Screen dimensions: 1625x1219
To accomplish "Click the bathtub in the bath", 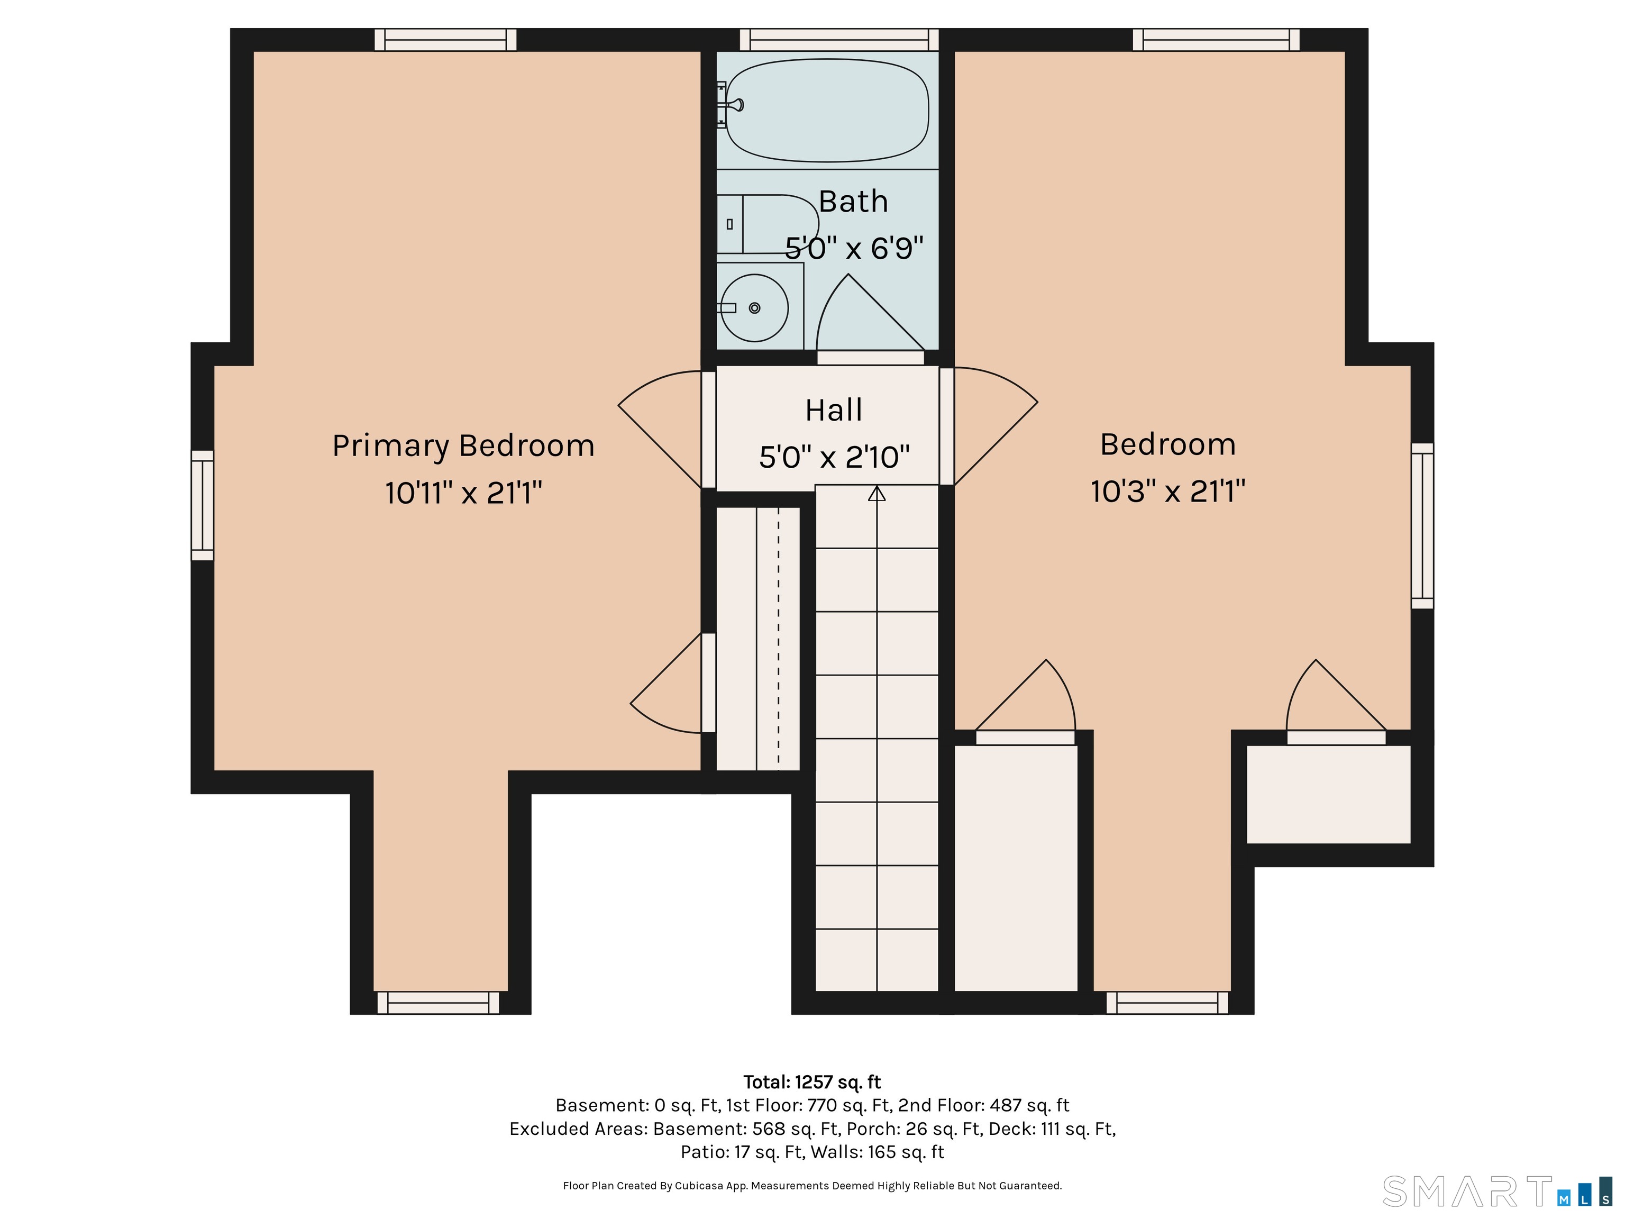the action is [827, 110].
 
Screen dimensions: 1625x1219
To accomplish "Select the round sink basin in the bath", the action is [754, 308].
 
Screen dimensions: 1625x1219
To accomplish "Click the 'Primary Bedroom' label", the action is [463, 447].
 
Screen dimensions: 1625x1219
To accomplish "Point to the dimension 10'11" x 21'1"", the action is [463, 492].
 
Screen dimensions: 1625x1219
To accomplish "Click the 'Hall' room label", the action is [834, 410].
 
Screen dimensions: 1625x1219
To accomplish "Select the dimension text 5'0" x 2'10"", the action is [834, 457].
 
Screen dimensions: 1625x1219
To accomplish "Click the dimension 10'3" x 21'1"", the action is [1168, 491].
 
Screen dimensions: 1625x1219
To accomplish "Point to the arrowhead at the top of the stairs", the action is [877, 493].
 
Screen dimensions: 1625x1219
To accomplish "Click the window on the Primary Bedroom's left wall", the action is [202, 505].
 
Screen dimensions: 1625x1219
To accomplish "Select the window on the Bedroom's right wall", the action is [1422, 526].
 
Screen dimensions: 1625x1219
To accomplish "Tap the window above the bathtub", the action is [839, 40].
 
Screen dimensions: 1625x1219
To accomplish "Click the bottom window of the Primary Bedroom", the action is [439, 1003].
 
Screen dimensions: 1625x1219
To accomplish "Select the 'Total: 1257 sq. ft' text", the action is [812, 1082].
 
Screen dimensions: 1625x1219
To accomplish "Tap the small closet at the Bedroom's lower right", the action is [1329, 794].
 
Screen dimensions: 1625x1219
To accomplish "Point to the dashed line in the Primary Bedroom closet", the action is [779, 638].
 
